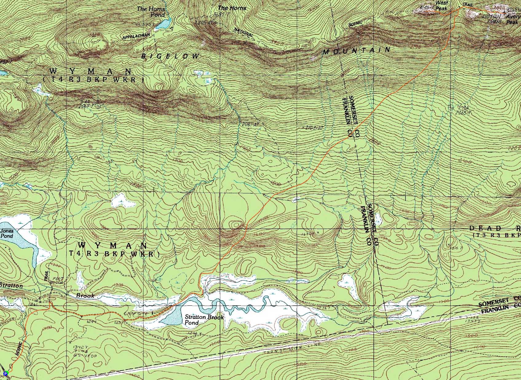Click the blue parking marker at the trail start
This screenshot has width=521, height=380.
[5, 373]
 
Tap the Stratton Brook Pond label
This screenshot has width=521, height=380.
[204, 320]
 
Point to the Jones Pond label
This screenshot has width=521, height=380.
[7, 234]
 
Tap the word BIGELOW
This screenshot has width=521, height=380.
[170, 56]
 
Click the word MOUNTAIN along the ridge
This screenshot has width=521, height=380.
[357, 51]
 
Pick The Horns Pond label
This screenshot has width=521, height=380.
[151, 12]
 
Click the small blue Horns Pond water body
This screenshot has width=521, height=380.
[163, 24]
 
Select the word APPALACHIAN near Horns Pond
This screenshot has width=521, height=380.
[136, 37]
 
